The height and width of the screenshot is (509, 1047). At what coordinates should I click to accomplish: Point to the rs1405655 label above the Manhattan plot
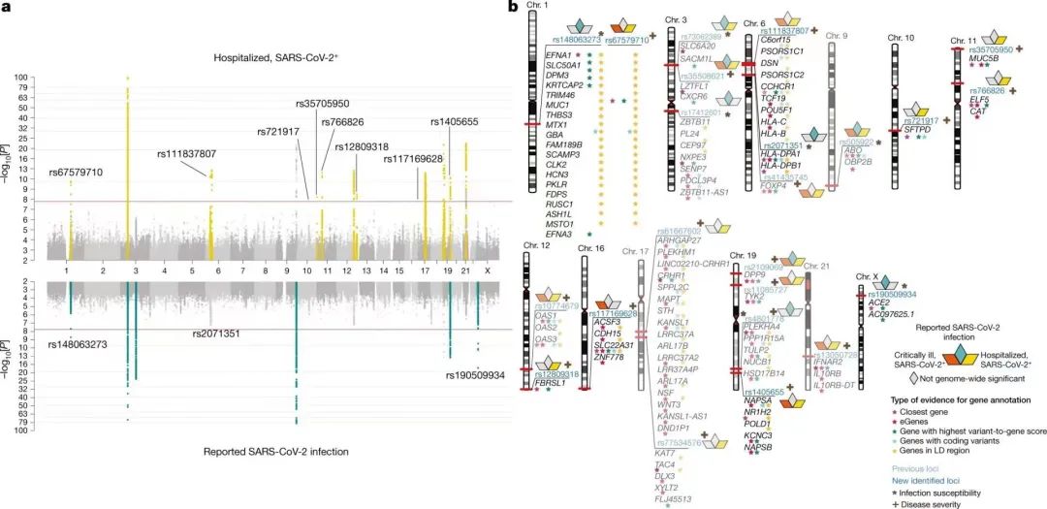tap(463, 121)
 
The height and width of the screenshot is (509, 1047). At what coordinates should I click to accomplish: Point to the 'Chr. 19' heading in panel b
tap(742, 254)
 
